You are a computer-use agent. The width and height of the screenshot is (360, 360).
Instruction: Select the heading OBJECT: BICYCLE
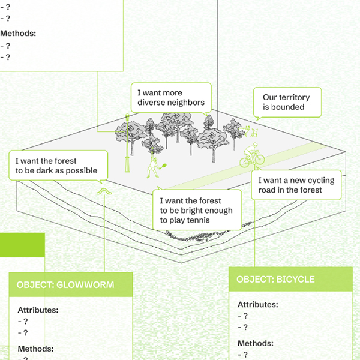275,280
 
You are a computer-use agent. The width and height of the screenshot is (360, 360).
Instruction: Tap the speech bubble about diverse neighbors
171,97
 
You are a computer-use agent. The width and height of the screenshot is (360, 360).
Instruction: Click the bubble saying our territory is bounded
287,102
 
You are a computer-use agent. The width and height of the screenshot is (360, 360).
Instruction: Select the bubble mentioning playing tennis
196,210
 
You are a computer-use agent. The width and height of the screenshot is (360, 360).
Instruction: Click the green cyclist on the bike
251,155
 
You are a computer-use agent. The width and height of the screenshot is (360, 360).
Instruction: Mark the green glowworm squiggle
104,191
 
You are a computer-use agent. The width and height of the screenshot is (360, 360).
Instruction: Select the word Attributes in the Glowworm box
38,310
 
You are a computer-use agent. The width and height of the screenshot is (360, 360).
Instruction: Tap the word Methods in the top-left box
18,34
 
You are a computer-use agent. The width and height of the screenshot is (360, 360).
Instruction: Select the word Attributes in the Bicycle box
257,305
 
